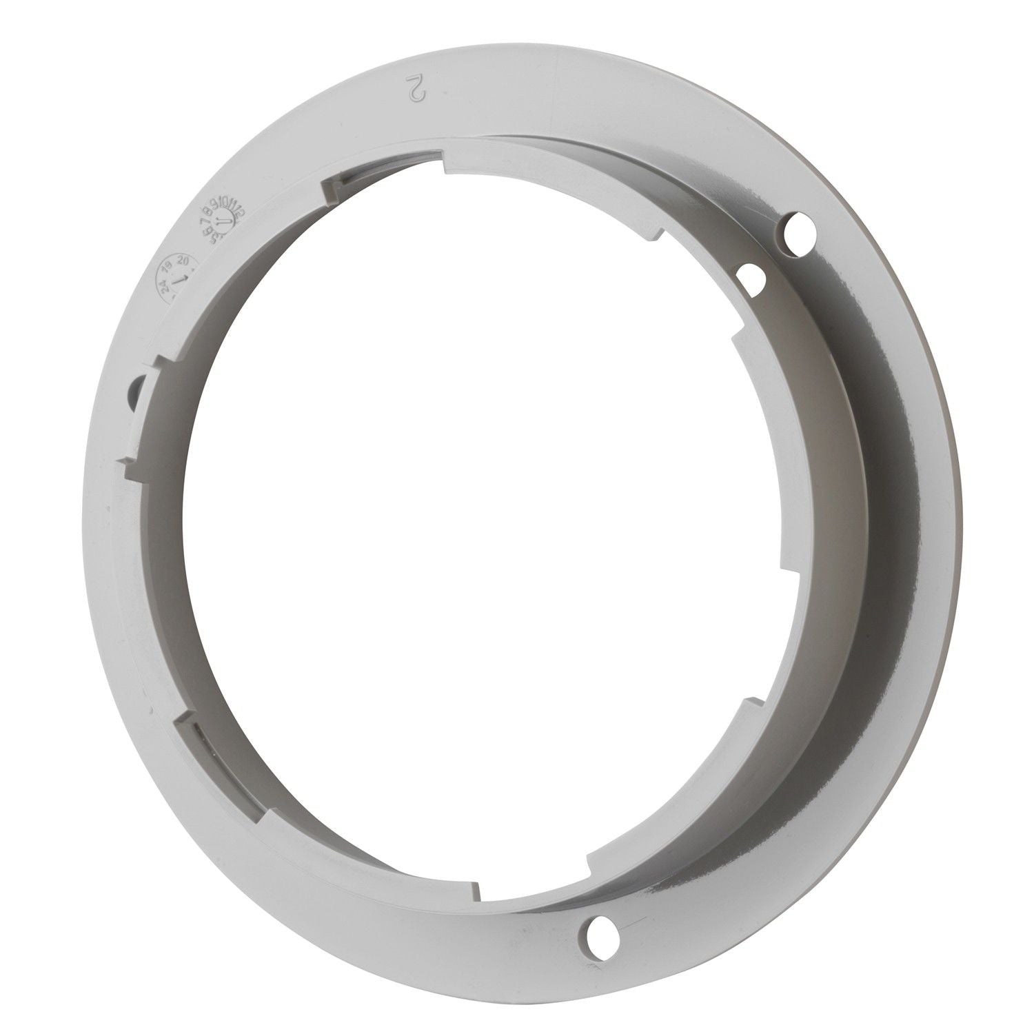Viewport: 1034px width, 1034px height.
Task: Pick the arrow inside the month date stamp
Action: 220,225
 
